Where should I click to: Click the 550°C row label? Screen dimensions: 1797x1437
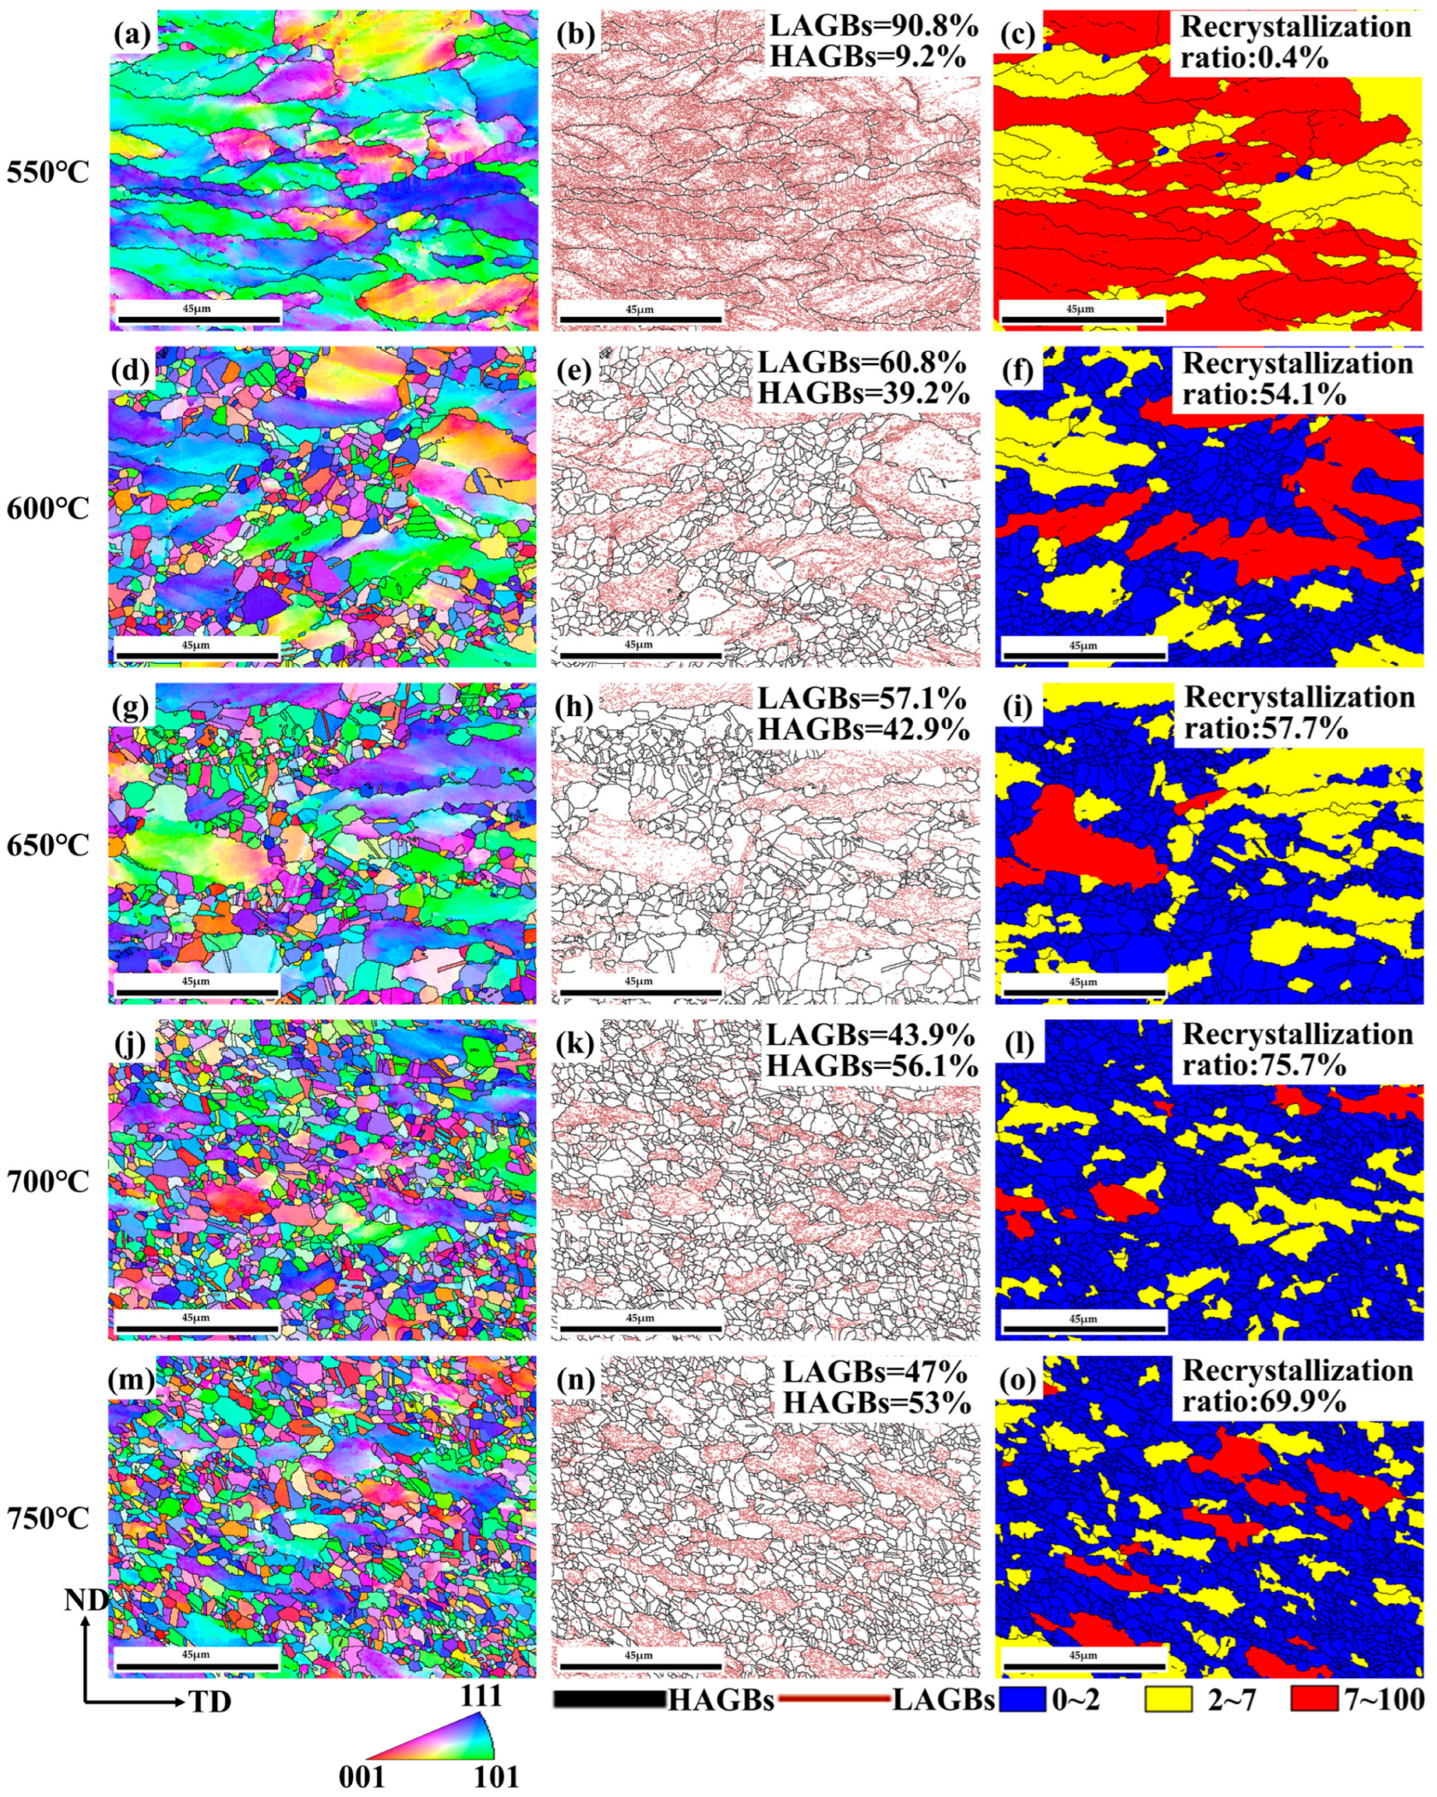click(x=47, y=173)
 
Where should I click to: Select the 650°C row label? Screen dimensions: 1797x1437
click(x=47, y=844)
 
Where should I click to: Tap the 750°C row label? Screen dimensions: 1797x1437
click(x=47, y=1518)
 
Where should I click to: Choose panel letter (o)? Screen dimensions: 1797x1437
click(x=1017, y=1380)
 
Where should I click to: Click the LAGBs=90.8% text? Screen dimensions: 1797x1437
click(x=873, y=26)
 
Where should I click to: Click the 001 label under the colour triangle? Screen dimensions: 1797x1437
click(x=362, y=1776)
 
